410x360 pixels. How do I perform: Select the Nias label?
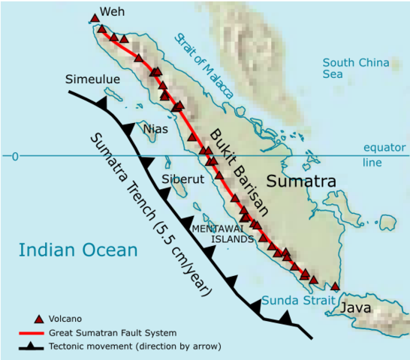(155, 128)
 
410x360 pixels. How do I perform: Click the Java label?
(357, 308)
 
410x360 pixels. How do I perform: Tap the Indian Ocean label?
(79, 250)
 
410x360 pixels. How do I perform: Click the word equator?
(384, 148)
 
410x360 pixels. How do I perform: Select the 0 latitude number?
(14, 156)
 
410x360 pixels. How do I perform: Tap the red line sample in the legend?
(33, 332)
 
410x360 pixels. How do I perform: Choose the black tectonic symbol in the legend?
(33, 346)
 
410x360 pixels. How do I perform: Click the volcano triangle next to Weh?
(94, 17)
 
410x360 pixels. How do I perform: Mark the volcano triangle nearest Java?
(335, 286)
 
